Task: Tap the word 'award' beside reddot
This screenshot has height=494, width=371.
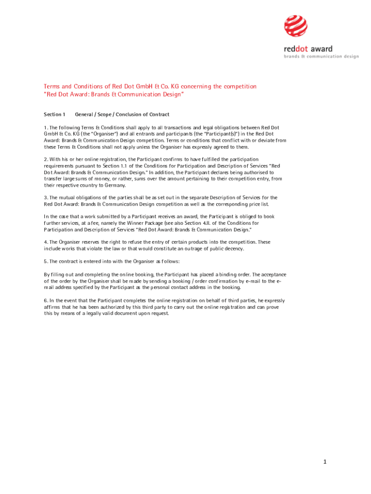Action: (x=321, y=49)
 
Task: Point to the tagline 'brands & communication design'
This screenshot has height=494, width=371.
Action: (x=321, y=56)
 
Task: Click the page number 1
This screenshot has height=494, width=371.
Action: (x=325, y=462)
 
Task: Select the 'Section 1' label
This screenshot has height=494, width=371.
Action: (x=54, y=114)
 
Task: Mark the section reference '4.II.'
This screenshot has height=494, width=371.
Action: (x=223, y=223)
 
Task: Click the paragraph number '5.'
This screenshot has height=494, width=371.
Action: (x=46, y=261)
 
